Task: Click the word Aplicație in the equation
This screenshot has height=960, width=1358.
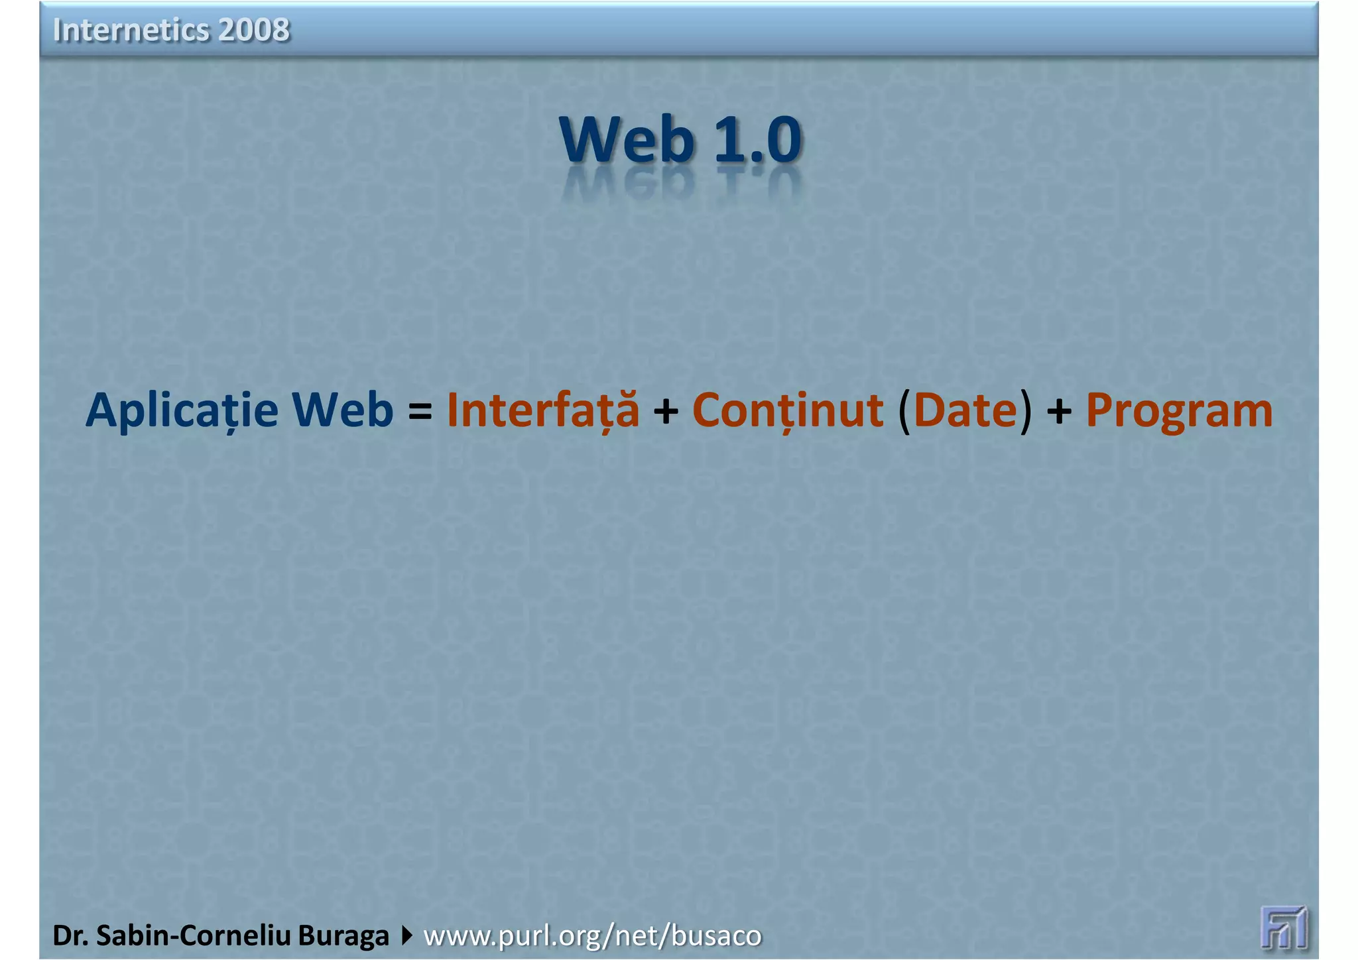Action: coord(182,410)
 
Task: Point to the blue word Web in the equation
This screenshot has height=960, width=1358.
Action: coord(343,409)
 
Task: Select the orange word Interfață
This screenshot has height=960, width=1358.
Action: coord(543,410)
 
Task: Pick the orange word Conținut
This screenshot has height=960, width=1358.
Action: coord(788,410)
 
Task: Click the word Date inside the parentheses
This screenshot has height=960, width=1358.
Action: coord(965,410)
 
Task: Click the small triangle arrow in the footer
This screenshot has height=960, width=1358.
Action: coord(406,936)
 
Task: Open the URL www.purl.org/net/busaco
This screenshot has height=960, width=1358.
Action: coord(592,936)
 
